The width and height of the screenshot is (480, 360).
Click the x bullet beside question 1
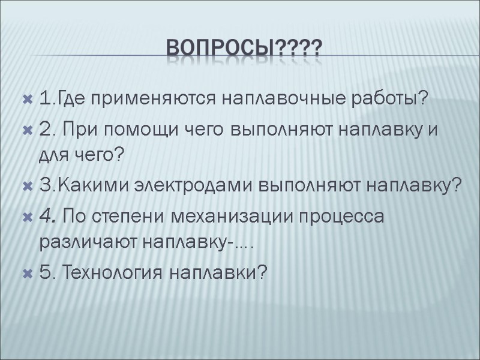click(26, 99)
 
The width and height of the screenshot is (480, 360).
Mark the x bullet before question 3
click(26, 186)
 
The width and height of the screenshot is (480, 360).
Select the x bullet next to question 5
click(26, 273)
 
